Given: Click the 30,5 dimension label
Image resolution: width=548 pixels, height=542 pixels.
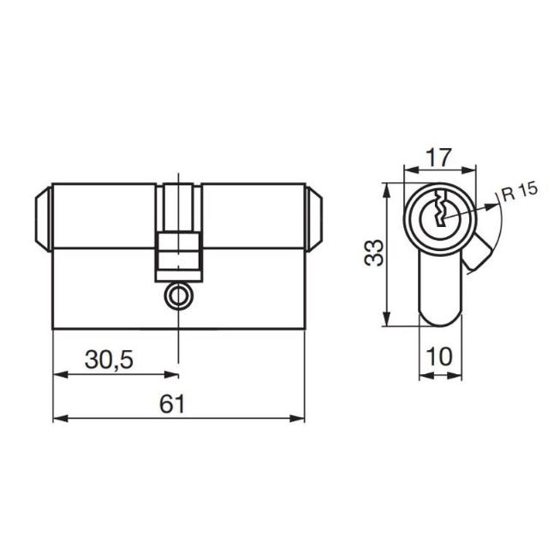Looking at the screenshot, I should click(109, 360).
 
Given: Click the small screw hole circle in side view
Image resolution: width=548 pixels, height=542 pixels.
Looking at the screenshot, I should click(177, 297).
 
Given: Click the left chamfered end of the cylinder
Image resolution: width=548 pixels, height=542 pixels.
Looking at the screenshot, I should click(44, 218).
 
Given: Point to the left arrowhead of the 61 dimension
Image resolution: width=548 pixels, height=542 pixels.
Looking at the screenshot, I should click(59, 419).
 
